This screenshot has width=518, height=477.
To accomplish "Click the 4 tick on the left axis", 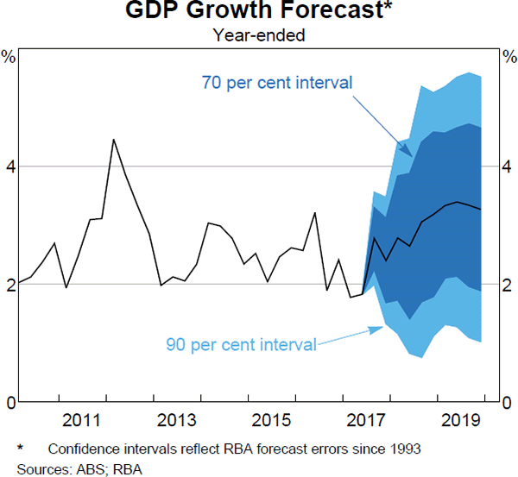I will [x=10, y=166].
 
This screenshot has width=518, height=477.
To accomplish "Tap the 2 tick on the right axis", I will [x=509, y=284].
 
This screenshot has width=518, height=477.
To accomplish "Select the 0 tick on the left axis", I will [x=10, y=403].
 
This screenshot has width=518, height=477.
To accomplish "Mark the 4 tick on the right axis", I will [x=509, y=166].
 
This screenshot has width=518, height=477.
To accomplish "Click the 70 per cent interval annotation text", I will [x=265, y=84].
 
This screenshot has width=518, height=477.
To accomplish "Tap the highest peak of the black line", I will [x=114, y=140].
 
